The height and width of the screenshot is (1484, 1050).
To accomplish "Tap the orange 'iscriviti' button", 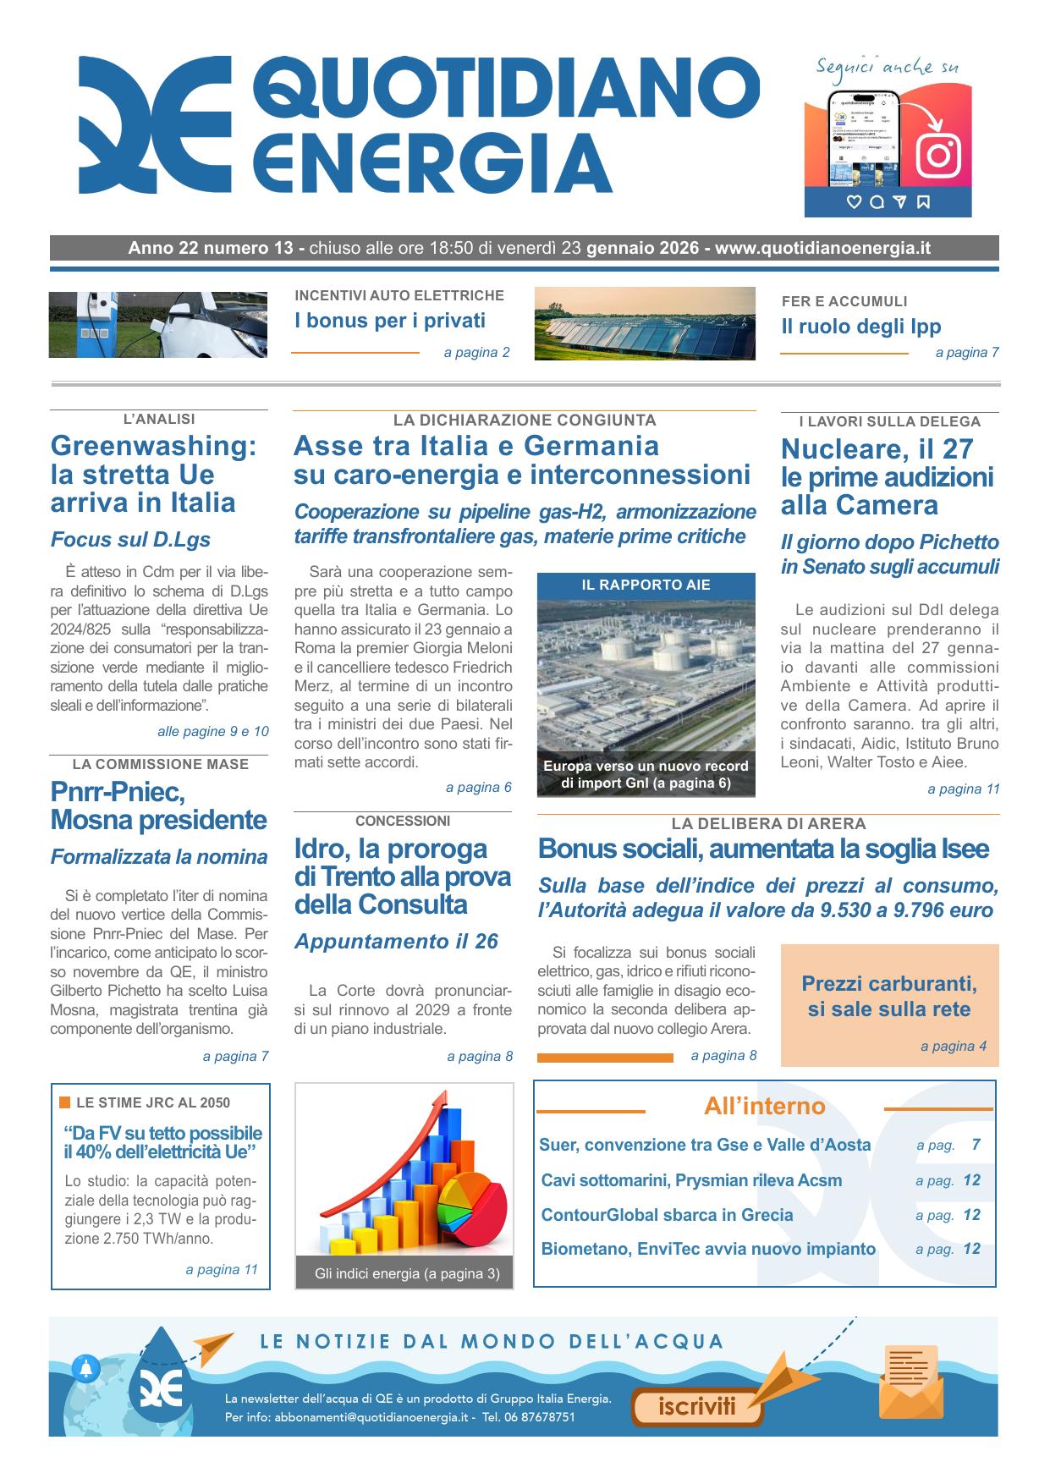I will pyautogui.click(x=696, y=1407).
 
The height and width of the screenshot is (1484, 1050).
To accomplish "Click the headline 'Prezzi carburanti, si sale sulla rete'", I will pyautogui.click(x=889, y=997).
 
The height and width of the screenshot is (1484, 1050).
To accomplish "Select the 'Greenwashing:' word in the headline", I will pyautogui.click(x=153, y=445).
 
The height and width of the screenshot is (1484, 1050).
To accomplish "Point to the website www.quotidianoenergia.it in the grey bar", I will pyautogui.click(x=822, y=248).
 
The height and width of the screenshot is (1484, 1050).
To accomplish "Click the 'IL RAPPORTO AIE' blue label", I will pyautogui.click(x=646, y=585).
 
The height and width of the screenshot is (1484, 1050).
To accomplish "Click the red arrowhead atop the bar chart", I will pyautogui.click(x=439, y=1100).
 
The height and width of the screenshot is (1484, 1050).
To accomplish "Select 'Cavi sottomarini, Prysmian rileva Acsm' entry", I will pyautogui.click(x=691, y=1180).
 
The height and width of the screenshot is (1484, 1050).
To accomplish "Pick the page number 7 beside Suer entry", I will pyautogui.click(x=976, y=1145).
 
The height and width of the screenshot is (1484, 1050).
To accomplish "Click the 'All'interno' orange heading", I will pyautogui.click(x=764, y=1107).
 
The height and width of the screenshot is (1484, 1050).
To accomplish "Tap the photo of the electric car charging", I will pyautogui.click(x=157, y=325).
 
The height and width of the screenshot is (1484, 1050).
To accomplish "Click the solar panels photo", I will pyautogui.click(x=645, y=324).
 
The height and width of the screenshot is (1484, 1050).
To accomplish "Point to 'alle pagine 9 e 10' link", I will pyautogui.click(x=212, y=731).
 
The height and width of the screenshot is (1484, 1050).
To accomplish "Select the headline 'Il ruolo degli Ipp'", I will pyautogui.click(x=860, y=327).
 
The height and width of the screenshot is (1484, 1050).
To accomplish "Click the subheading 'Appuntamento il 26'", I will pyautogui.click(x=396, y=941).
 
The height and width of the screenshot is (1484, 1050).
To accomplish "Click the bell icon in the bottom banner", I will pyautogui.click(x=86, y=1367).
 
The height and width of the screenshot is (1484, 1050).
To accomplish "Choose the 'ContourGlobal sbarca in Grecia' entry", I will pyautogui.click(x=667, y=1215).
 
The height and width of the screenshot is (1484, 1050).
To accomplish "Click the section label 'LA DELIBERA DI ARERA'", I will pyautogui.click(x=768, y=823).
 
